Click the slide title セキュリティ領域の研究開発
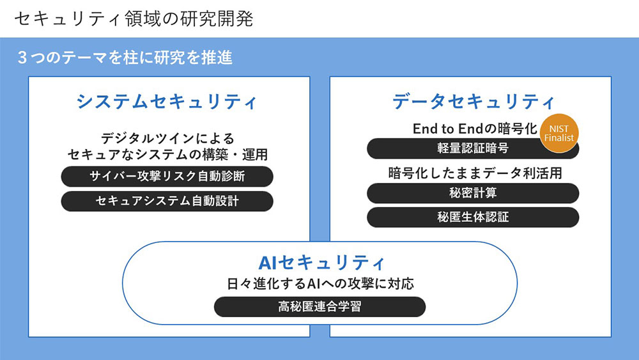pyautogui.click(x=134, y=19)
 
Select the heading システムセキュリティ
pyautogui.click(x=167, y=102)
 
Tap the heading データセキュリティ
pyautogui.click(x=473, y=101)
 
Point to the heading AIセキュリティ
pyautogui.click(x=322, y=262)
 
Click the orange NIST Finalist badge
pyautogui.click(x=559, y=133)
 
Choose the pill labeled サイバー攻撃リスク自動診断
pyautogui.click(x=167, y=176)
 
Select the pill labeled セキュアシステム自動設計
pyautogui.click(x=167, y=201)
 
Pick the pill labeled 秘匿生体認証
pyautogui.click(x=473, y=217)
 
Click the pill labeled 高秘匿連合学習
pyautogui.click(x=319, y=307)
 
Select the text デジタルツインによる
pyautogui.click(x=168, y=138)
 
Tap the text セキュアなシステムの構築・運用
pyautogui.click(x=167, y=154)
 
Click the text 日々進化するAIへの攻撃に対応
pyautogui.click(x=320, y=283)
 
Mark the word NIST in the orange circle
pyautogui.click(x=559, y=129)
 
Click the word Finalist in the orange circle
pyautogui.click(x=559, y=138)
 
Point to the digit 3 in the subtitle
pyautogui.click(x=22, y=58)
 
